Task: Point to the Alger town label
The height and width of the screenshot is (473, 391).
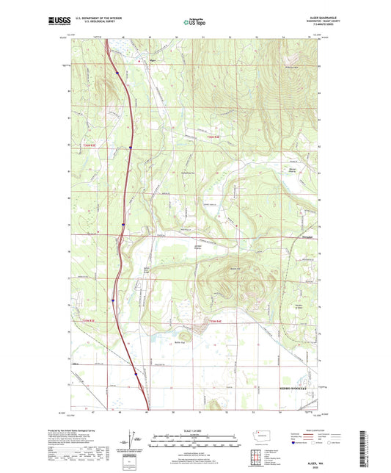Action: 153,60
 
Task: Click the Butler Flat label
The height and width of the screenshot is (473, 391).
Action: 178,342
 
